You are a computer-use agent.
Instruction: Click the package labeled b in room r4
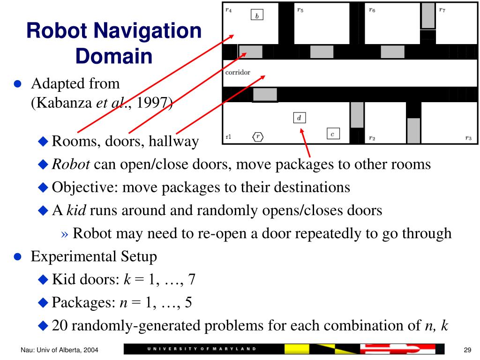point(257,15)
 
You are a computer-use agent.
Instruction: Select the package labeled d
point(299,118)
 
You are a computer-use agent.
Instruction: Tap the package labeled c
point(332,134)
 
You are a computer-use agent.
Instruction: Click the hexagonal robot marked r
point(257,137)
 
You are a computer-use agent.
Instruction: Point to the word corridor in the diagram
point(238,73)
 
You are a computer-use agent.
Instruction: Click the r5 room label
point(300,9)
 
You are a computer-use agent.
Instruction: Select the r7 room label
point(442,9)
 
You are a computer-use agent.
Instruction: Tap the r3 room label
point(468,138)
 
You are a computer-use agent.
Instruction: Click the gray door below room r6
point(392,52)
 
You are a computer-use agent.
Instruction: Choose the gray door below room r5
point(322,52)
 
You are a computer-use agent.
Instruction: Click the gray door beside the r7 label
point(427,15)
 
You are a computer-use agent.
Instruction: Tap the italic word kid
point(76,210)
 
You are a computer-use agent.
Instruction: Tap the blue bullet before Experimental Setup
point(18,257)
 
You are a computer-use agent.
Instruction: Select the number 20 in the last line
point(60,325)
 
